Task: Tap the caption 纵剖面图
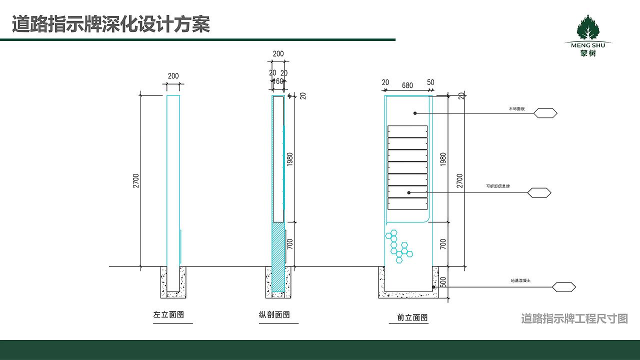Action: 274,315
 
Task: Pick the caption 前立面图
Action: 412,317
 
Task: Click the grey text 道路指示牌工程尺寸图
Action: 574,318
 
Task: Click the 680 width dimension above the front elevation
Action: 407,85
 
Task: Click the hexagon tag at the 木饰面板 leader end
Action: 545,113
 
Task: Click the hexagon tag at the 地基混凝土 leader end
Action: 564,287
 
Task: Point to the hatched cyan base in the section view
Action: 277,257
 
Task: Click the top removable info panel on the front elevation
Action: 408,131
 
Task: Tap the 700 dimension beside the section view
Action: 290,244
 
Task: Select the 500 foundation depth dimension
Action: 442,282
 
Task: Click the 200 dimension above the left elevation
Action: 173,76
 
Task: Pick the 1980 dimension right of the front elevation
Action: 443,159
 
